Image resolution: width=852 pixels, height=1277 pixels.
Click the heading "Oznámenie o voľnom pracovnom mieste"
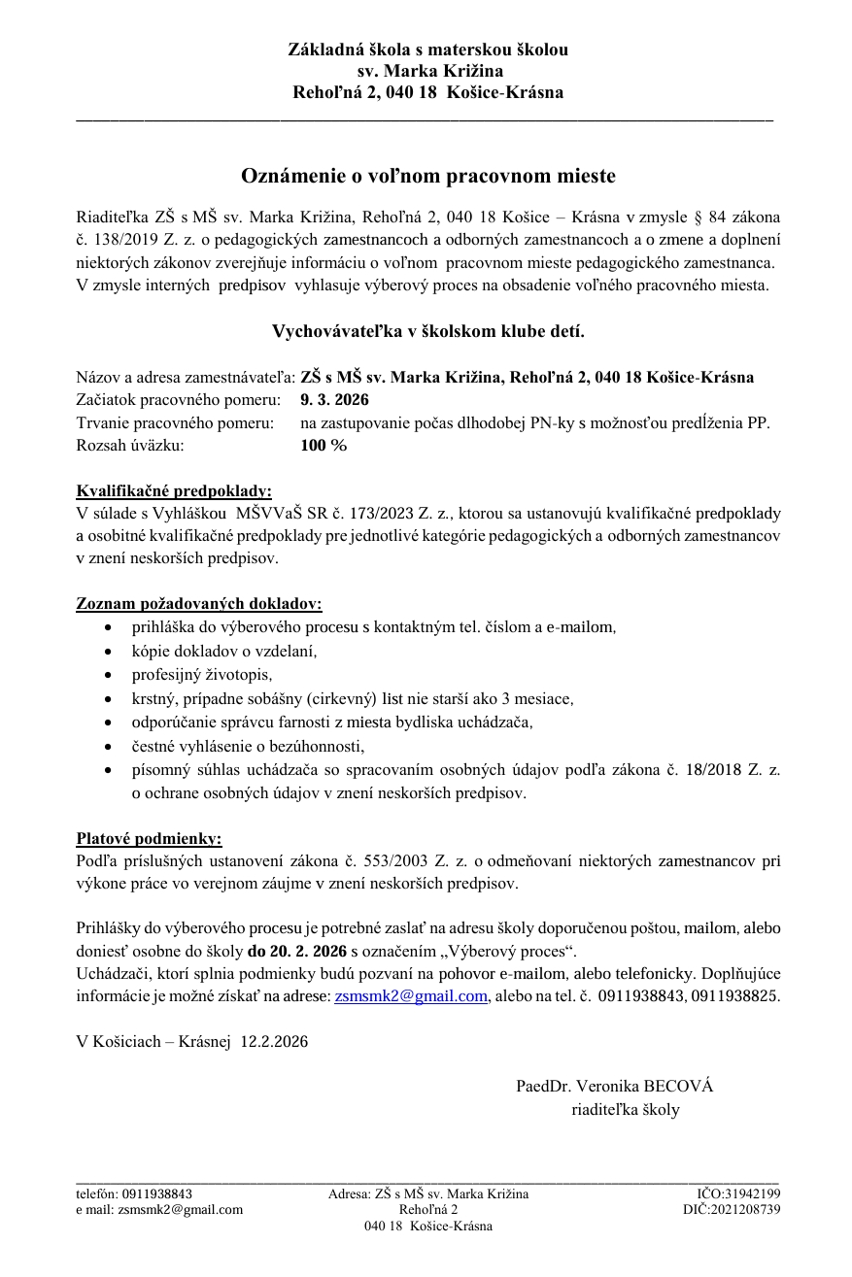coord(427,176)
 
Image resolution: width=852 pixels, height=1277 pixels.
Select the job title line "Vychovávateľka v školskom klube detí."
coord(427,331)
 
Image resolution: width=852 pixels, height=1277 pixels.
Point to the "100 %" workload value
coord(324,446)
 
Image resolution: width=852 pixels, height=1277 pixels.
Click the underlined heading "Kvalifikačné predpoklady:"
coord(174,490)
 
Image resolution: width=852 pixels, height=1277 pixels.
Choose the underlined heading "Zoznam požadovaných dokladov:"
coord(199,604)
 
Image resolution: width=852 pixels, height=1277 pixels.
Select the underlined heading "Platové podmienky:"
coord(149,838)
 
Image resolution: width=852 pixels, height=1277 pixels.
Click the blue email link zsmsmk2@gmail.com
coord(410,996)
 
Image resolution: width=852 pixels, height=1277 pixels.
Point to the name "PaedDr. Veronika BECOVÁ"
coord(614,1087)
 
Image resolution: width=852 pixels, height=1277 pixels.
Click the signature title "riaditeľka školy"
coord(625,1110)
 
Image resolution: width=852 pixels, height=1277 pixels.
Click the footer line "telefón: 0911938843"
coord(134,1194)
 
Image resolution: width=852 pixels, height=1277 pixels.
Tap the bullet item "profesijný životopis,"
coord(203,674)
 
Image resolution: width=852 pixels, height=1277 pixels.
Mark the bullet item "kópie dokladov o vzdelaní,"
coord(224,651)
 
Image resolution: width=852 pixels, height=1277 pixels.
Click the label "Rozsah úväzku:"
coord(129,446)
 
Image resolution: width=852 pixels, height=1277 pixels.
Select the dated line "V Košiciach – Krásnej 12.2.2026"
coord(192,1042)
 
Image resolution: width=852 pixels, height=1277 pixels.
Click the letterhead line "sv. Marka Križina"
coord(427,71)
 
